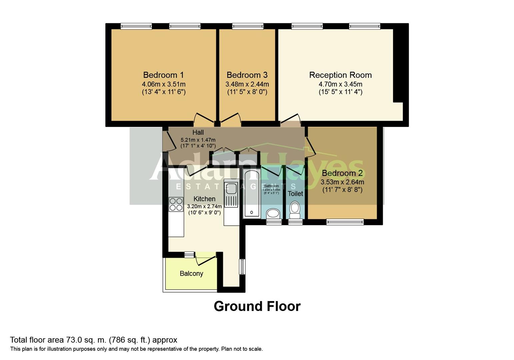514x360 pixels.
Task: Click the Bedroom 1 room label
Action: [x=163, y=75]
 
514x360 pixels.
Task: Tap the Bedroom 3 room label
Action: [x=247, y=75]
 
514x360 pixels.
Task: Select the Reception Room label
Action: [x=340, y=75]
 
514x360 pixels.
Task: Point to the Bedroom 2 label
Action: [x=342, y=173]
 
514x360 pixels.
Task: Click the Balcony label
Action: [x=191, y=274]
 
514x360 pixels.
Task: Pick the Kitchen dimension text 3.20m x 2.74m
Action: [x=204, y=206]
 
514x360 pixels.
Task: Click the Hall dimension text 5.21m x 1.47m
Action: [x=198, y=140]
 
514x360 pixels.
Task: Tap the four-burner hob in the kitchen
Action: [x=176, y=204]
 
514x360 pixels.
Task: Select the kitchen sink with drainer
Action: [x=231, y=195]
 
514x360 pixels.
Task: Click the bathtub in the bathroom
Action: [x=252, y=193]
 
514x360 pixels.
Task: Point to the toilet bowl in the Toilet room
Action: [x=295, y=209]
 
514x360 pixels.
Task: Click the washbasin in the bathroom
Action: [x=274, y=213]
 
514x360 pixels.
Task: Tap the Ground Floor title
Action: [x=257, y=306]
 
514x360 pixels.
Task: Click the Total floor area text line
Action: [x=94, y=340]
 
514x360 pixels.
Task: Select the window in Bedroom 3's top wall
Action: [x=248, y=26]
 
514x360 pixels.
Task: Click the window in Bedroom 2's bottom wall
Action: [x=345, y=222]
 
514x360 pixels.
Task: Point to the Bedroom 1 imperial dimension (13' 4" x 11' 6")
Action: [x=163, y=92]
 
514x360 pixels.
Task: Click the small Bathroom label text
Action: [x=271, y=186]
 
